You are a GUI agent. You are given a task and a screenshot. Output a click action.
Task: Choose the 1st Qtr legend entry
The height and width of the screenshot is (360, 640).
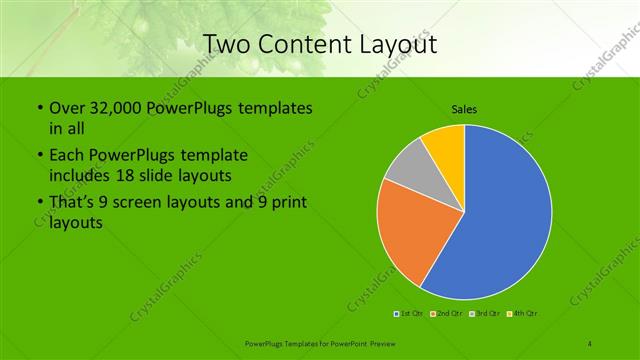410,315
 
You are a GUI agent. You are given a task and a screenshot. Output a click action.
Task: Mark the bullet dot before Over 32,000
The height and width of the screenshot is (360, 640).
38,108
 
